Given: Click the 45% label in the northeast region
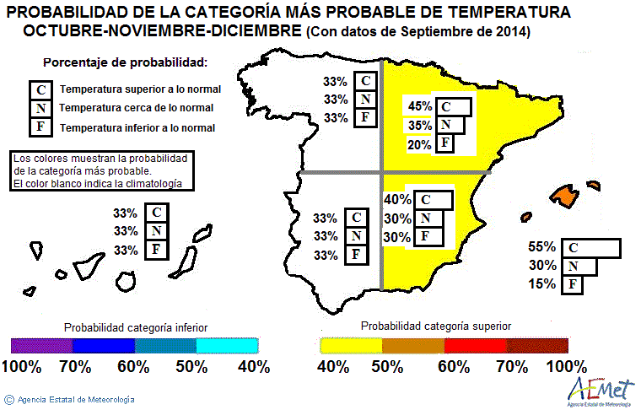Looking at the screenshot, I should coord(419,106).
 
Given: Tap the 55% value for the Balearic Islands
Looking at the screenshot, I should coord(541,247).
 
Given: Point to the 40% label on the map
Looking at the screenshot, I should coord(396,199).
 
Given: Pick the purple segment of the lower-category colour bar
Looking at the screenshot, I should coord(42,345).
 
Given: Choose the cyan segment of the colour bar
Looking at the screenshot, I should coord(227,345).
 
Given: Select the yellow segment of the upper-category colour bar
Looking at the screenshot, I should coord(351,345).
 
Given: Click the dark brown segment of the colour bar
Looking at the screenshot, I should coord(537,345).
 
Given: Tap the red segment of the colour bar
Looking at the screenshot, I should coord(475,345).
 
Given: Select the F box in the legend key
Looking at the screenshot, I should coord(40,127).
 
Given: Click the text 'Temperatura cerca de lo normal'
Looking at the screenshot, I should coord(136,108).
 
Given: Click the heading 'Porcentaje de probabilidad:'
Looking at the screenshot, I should coord(125,63).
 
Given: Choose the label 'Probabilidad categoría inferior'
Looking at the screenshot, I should coord(136,326).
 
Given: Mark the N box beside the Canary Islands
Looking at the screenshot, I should coord(155,231).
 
